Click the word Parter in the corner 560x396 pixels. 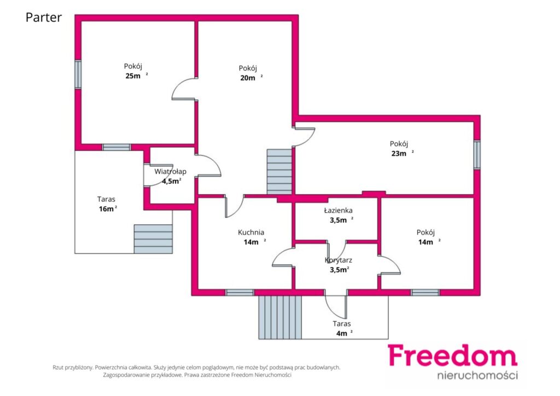tap(44, 17)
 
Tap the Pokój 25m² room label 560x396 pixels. tap(136, 71)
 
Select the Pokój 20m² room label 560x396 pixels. tap(250, 73)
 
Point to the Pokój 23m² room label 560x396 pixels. tap(401, 149)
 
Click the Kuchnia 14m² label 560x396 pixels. tap(252, 237)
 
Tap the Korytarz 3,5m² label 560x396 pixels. tap(339, 265)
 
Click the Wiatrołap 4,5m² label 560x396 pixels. tap(171, 176)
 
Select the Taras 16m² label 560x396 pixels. tap(107, 204)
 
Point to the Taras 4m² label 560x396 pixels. tap(343, 329)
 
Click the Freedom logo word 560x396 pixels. tap(452, 356)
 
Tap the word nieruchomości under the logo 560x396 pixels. tap(477, 375)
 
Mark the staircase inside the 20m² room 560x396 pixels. tap(279, 172)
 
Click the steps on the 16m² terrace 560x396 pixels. tap(153, 239)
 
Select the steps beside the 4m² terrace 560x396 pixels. tap(280, 317)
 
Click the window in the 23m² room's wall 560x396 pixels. tap(477, 155)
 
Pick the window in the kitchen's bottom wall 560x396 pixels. tap(240, 293)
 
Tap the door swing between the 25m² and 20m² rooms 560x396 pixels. tap(184, 89)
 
